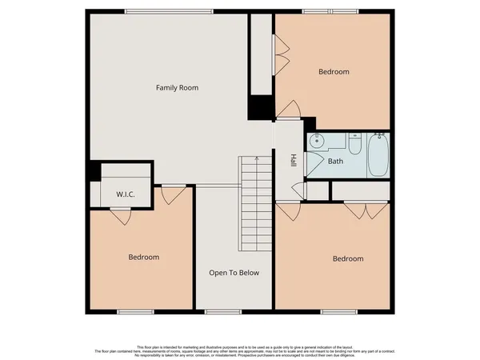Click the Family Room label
[x=177, y=87]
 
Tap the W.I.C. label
[x=125, y=194]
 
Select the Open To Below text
[x=234, y=273]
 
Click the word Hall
[x=294, y=160]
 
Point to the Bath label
[x=337, y=161]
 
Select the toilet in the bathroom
[x=355, y=145]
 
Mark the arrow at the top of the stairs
[x=256, y=159]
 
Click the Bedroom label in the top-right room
[x=334, y=72]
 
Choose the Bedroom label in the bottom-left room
[x=144, y=257]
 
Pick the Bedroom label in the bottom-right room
[x=348, y=258]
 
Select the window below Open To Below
[x=223, y=310]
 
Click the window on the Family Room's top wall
[x=168, y=10]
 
